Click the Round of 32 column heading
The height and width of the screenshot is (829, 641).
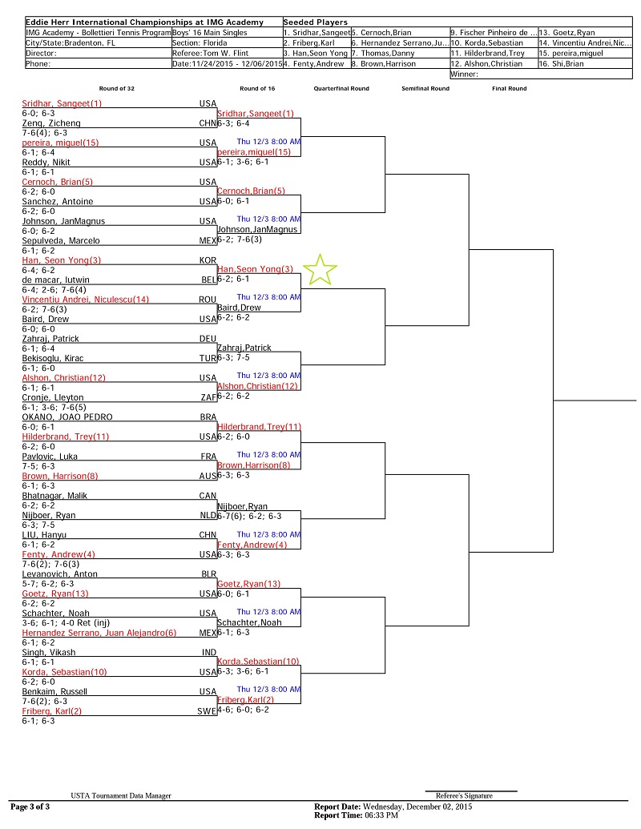point(117,89)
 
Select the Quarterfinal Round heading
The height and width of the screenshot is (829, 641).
point(341,89)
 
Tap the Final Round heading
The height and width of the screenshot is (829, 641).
point(510,89)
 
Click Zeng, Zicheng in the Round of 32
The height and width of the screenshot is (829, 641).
point(51,123)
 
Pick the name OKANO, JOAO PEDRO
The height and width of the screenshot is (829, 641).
point(67,417)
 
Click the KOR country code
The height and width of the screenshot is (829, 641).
point(208,260)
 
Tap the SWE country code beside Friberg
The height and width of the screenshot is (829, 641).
point(207,711)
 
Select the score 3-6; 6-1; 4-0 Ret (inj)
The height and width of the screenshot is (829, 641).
point(67,623)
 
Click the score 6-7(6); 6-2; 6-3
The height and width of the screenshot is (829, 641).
point(249,516)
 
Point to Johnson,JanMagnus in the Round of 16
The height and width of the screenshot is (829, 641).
point(257,229)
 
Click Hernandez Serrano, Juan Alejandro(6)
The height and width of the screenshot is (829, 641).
point(99,633)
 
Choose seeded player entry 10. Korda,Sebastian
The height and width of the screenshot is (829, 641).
point(486,42)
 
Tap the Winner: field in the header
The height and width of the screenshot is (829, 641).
point(465,74)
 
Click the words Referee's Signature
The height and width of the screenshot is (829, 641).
point(465,795)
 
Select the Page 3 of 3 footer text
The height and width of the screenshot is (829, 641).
point(30,807)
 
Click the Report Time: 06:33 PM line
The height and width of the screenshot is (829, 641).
point(356,815)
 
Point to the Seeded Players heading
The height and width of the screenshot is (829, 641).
point(315,22)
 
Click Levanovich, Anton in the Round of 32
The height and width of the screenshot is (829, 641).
point(60,574)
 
